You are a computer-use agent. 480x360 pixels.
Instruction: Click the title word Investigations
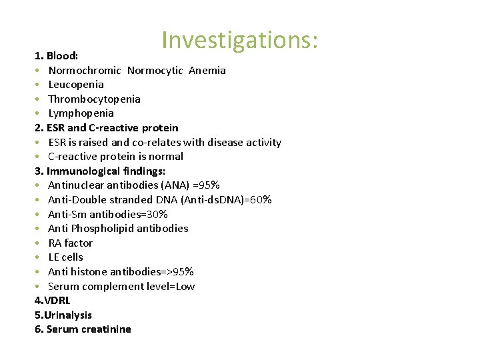click(x=240, y=40)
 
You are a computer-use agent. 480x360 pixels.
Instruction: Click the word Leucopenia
click(x=76, y=85)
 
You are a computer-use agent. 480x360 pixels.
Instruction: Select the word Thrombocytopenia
click(x=94, y=99)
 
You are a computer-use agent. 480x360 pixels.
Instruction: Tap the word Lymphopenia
click(x=81, y=113)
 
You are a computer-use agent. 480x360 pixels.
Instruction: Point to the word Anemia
click(x=207, y=71)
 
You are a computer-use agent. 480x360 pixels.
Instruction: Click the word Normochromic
click(x=85, y=71)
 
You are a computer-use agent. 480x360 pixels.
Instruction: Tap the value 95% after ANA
click(x=209, y=185)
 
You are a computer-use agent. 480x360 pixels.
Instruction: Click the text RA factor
click(x=70, y=243)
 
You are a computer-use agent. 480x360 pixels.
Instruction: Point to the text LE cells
click(x=65, y=257)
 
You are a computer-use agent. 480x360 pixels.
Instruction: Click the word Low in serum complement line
click(x=185, y=286)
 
